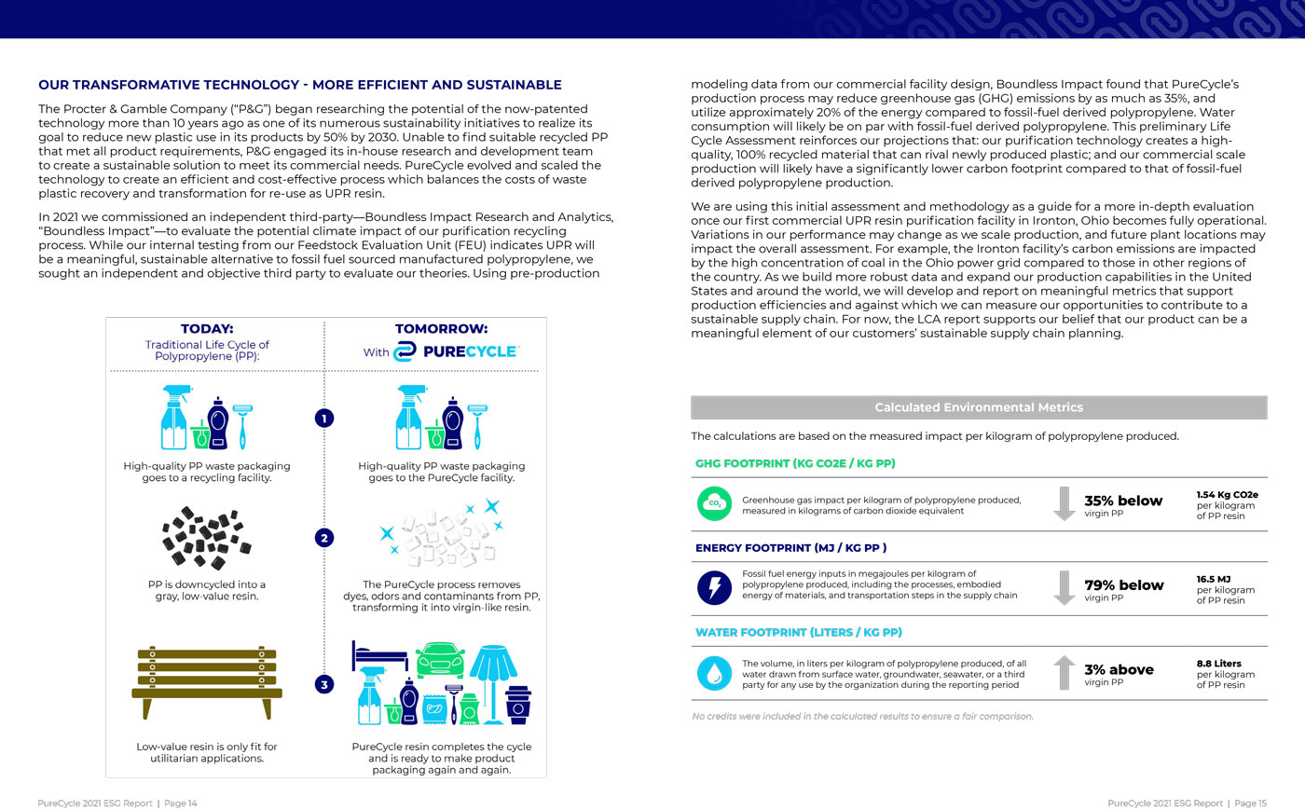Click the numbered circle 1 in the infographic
[x=324, y=419]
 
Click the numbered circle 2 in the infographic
[x=324, y=538]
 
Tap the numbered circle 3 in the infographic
[x=324, y=684]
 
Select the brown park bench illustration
[x=207, y=681]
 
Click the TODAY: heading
[x=207, y=329]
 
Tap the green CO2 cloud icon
[x=714, y=503]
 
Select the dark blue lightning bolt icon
[x=714, y=587]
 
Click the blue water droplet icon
[x=714, y=672]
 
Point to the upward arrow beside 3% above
[x=1064, y=672]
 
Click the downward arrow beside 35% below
[x=1064, y=503]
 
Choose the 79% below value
[x=1123, y=585]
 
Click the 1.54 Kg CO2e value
[x=1227, y=495]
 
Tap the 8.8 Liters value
[x=1218, y=664]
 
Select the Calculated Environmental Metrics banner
[x=979, y=407]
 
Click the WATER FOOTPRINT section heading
[x=798, y=632]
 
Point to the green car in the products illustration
[x=440, y=659]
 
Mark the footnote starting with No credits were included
[x=862, y=716]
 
